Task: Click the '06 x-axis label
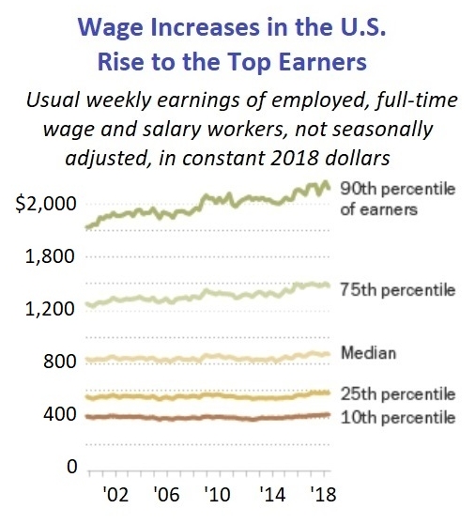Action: point(167,496)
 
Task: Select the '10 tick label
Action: point(217,496)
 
